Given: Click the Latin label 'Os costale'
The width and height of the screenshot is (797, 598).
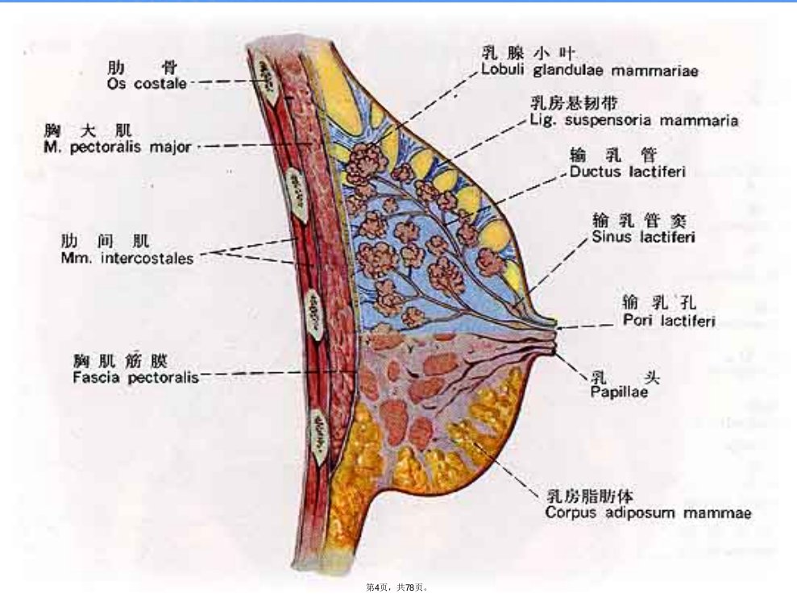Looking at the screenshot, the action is point(147,83).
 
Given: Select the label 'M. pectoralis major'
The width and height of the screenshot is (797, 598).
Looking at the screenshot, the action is point(118,147).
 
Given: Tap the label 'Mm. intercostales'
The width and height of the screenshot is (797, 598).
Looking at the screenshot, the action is point(127,258).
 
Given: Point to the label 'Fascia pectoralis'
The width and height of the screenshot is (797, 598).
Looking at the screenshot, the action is point(135,377).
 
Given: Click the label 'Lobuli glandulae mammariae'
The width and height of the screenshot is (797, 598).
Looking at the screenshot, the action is point(590,70).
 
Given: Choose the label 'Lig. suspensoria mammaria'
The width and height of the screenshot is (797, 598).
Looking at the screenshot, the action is point(634,121).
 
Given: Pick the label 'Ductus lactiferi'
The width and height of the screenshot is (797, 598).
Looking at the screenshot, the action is point(628,172).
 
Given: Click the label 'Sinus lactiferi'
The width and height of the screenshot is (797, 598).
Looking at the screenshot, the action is point(644,237).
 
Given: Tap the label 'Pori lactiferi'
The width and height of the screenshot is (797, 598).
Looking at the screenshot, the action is point(670,321).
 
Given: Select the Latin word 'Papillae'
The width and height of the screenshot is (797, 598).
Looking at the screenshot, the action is point(619,392).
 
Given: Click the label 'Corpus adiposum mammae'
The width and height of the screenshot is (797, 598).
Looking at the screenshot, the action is point(648,512).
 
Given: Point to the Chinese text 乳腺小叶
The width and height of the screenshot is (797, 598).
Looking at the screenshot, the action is point(528,53).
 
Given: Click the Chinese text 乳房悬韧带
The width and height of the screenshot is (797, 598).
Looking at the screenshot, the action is point(575,103).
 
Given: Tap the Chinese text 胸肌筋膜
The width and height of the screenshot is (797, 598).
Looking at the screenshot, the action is point(120,361).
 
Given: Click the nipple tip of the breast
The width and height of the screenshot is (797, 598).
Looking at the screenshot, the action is point(557,335).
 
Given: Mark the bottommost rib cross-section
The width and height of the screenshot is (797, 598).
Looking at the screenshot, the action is point(320,438).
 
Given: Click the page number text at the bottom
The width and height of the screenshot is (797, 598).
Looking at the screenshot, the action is point(397,588).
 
